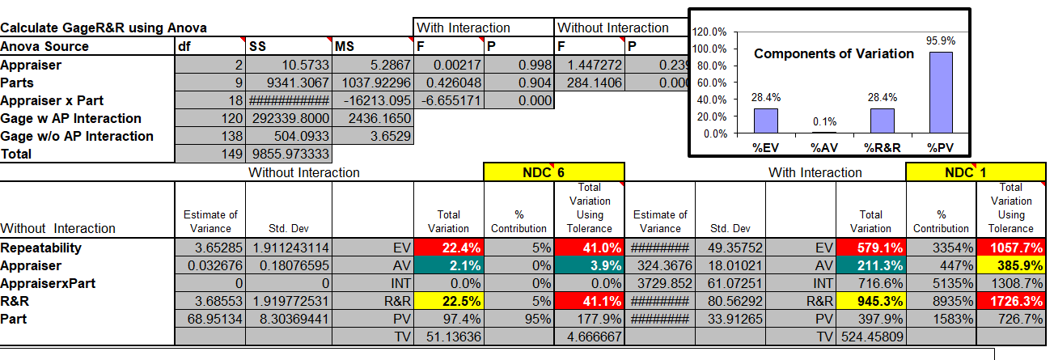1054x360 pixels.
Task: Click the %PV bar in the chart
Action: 941,91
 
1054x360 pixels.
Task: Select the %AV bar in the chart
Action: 824,132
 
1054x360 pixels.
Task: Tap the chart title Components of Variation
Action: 833,54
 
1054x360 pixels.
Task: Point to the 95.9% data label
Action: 941,40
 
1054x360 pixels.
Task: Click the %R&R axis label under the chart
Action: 883,148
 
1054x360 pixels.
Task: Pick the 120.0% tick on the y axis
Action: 712,32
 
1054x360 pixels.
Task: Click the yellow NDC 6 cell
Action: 553,172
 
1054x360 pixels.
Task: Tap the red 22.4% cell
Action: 448,248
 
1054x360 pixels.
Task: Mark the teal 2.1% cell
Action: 448,265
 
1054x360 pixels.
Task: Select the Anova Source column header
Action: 44,47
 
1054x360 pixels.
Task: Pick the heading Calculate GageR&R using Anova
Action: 104,28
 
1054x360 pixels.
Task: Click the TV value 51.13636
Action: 448,336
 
